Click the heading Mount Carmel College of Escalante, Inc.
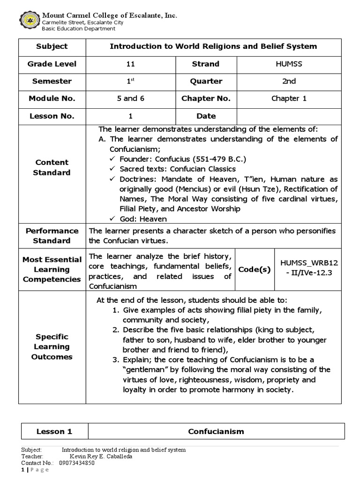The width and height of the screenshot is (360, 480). pos(110,15)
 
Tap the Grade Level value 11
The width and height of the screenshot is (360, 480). pos(130,64)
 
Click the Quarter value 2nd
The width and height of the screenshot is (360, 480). pos(289,81)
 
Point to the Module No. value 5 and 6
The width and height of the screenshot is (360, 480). pos(130,98)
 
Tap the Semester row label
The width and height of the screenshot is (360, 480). pos(52,81)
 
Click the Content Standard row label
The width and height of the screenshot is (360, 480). pos(52,167)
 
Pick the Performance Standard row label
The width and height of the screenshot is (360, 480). pos(52,236)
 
